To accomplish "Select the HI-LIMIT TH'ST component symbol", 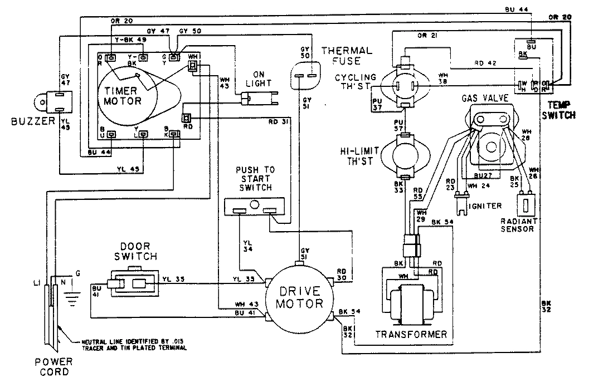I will pyautogui.click(x=406, y=156).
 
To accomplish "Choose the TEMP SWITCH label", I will pyautogui.click(x=561, y=111).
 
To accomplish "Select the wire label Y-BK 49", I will pyautogui.click(x=128, y=40).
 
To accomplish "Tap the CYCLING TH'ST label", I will pyautogui.click(x=356, y=82).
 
